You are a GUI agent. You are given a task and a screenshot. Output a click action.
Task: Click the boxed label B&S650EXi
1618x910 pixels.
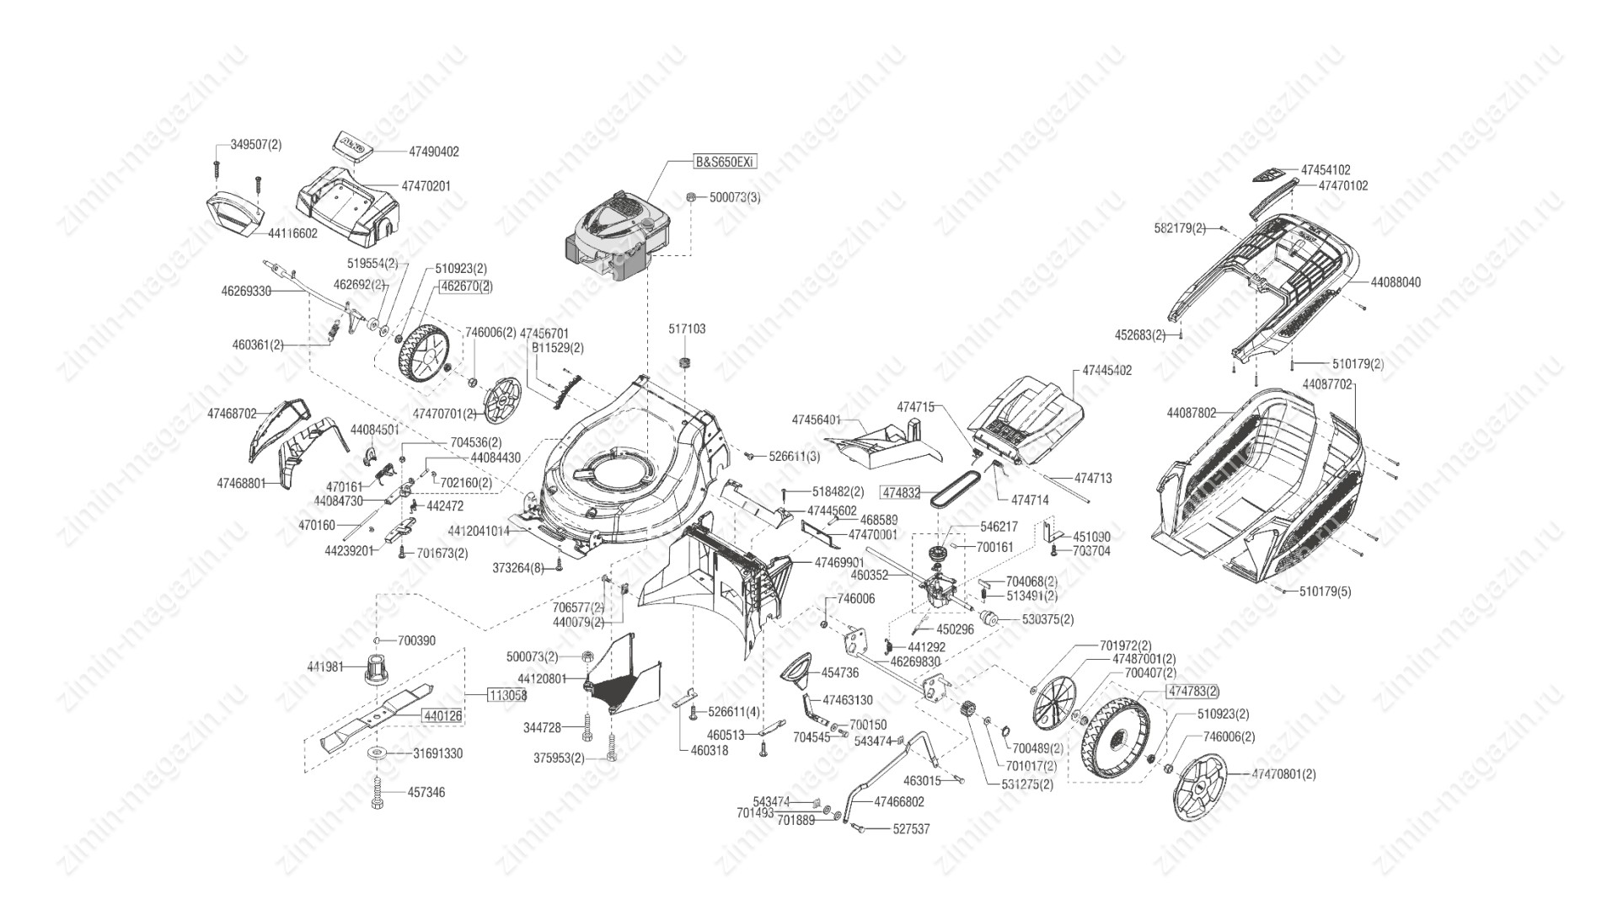(x=724, y=163)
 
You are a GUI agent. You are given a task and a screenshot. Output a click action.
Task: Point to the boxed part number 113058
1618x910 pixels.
(x=508, y=695)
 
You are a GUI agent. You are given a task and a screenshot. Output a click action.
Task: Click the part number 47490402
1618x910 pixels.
(x=434, y=152)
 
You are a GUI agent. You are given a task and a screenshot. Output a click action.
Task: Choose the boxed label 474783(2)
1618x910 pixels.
(x=1192, y=692)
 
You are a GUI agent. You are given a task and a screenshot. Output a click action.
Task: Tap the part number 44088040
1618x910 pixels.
(x=1396, y=282)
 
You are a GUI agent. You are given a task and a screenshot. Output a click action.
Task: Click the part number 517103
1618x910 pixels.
(x=687, y=329)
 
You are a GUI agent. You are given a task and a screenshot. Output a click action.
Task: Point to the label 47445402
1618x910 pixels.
(x=1106, y=370)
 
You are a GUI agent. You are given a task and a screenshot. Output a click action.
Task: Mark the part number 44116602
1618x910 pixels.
(x=292, y=233)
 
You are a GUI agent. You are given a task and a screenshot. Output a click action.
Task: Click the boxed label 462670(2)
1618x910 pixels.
(x=466, y=286)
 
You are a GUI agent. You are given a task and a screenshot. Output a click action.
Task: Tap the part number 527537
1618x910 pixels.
(x=911, y=829)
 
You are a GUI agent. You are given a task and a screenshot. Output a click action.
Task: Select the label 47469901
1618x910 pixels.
(x=839, y=562)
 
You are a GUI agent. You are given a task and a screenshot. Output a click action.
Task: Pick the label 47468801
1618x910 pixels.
(x=241, y=484)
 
